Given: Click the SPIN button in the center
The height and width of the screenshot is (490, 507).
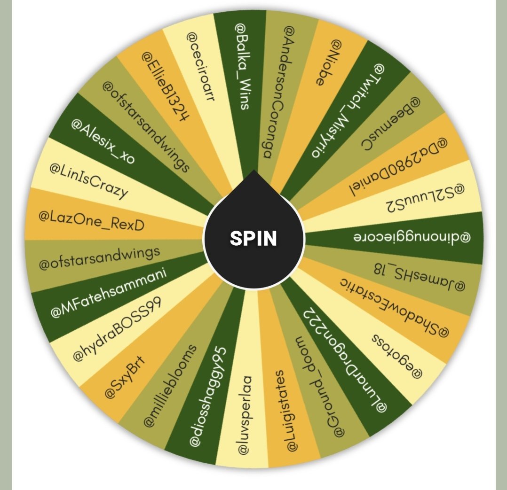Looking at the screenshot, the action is (x=253, y=238).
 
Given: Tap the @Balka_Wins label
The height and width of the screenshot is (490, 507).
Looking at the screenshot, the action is (x=242, y=66).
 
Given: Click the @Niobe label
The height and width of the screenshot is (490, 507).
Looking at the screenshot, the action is (x=328, y=62).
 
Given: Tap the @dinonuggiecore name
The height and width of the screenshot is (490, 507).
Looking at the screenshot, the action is (x=412, y=237).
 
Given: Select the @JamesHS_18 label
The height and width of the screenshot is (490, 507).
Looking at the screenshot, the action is (x=420, y=277).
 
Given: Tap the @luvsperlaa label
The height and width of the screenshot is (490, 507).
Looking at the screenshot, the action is (x=245, y=415).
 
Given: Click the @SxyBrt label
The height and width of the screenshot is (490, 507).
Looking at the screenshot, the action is (x=125, y=377).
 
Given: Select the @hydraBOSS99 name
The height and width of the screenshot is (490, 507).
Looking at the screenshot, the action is (x=117, y=328).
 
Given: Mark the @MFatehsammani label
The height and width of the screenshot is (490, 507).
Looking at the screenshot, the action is (x=109, y=293).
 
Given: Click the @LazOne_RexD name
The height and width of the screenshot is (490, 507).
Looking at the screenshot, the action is (x=91, y=221).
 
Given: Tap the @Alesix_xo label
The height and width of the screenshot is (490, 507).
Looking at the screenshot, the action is (x=103, y=141).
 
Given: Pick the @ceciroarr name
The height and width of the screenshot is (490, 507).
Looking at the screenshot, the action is (x=200, y=67).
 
